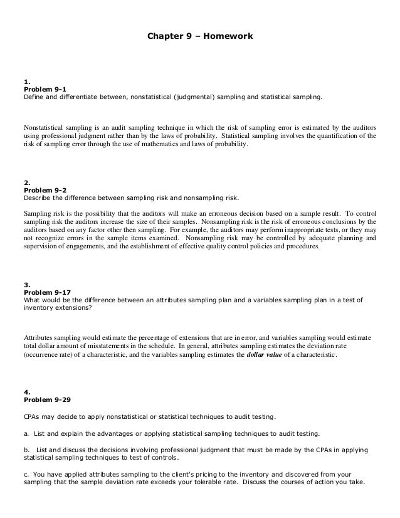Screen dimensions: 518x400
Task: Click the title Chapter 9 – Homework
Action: click(200, 37)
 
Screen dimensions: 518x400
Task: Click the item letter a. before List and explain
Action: click(26, 433)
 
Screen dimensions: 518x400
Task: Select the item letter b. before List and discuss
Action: click(26, 450)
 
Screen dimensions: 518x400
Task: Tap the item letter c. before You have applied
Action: click(26, 475)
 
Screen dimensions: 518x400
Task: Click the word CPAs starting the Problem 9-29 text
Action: click(33, 416)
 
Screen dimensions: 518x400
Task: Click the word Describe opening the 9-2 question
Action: click(37, 198)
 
